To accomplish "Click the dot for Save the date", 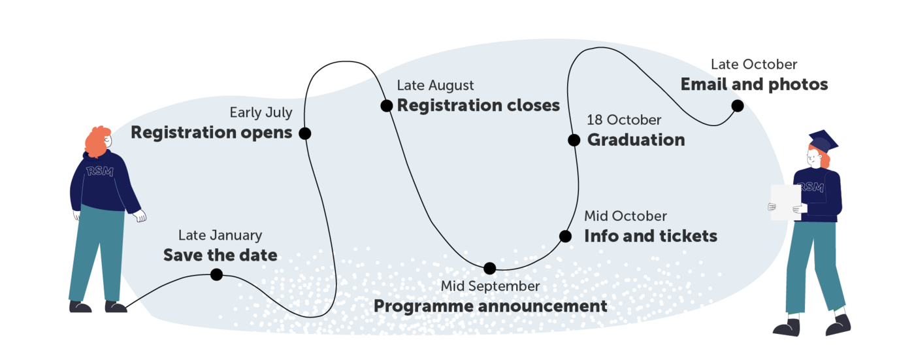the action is pos(217,274).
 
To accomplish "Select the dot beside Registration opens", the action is pos(304,133).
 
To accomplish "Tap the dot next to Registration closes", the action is pos(386,106).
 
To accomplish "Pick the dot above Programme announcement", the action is pos(490,269).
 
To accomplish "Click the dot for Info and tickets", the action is pos(565,237).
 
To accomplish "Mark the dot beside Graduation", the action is pos(574,140).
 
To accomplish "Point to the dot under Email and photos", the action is pos(738,106).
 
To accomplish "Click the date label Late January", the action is pos(220,235).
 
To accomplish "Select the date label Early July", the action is pos(261,112).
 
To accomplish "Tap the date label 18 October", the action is pos(624,120).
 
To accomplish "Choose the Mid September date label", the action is pos(490,286).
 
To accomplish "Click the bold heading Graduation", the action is pos(636,140).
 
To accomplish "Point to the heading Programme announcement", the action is pos(490,306).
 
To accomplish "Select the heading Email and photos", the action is pos(754,84).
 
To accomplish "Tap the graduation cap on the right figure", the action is pos(823,141).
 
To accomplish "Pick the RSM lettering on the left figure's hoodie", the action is pos(100,171).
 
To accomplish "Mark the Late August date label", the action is pos(435,86).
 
